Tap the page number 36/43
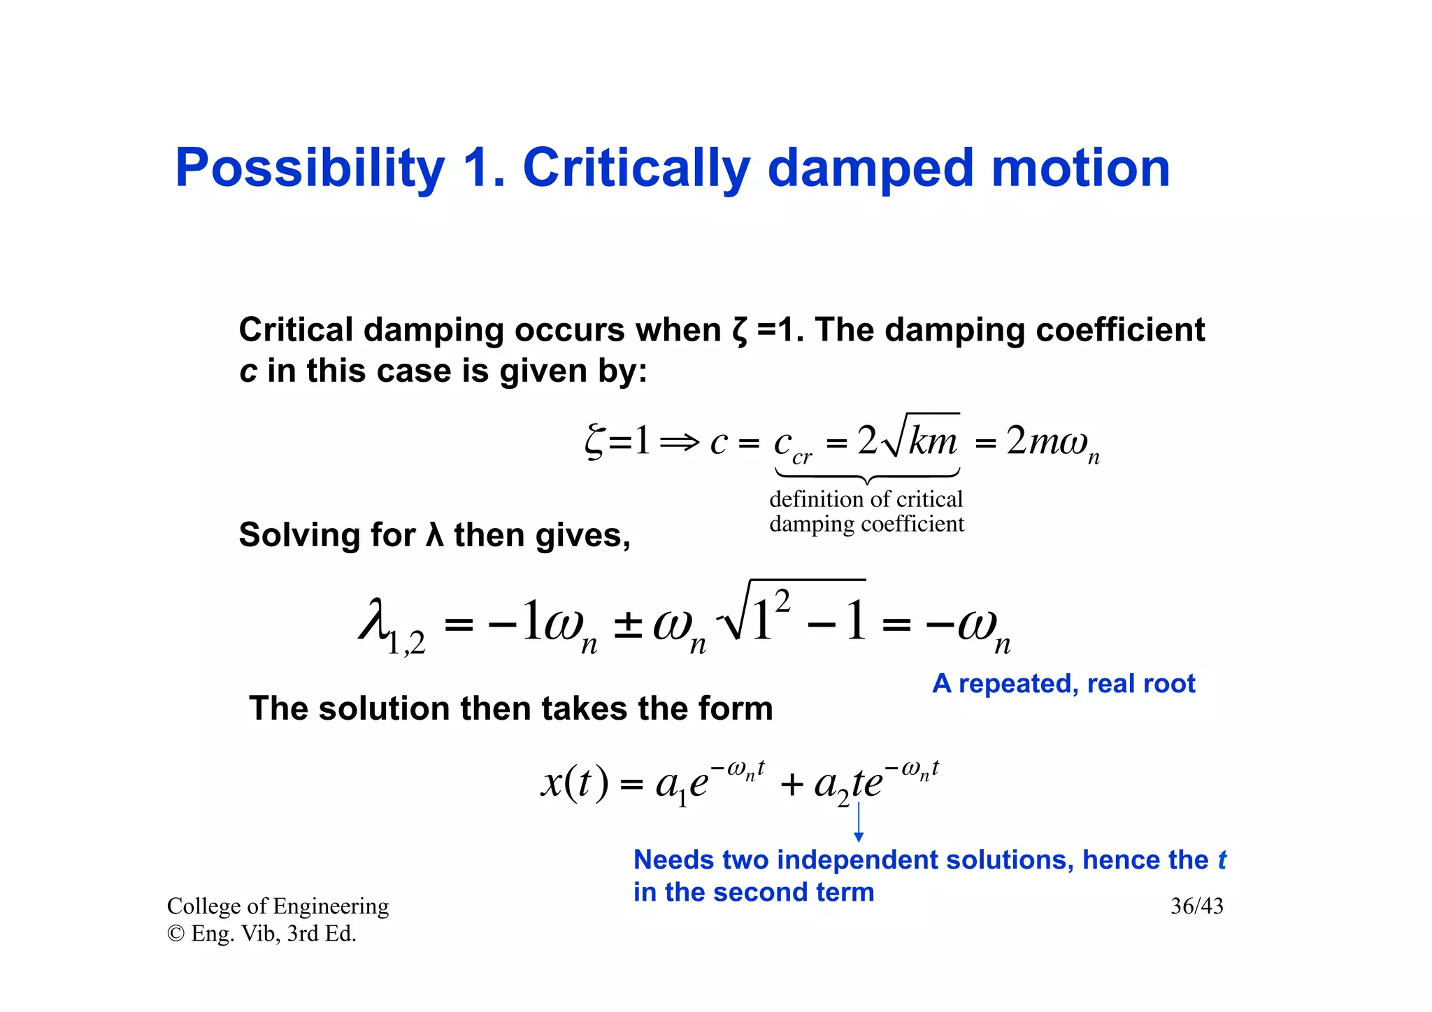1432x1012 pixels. (1196, 906)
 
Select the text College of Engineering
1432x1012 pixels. (278, 906)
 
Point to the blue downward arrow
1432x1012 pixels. (859, 823)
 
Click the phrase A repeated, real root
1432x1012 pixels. (1064, 683)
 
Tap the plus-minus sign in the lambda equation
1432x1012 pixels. (627, 625)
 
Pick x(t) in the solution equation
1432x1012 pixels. (574, 783)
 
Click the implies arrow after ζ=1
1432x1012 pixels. (679, 442)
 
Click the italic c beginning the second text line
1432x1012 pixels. (248, 371)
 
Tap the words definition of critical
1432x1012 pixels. (866, 499)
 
